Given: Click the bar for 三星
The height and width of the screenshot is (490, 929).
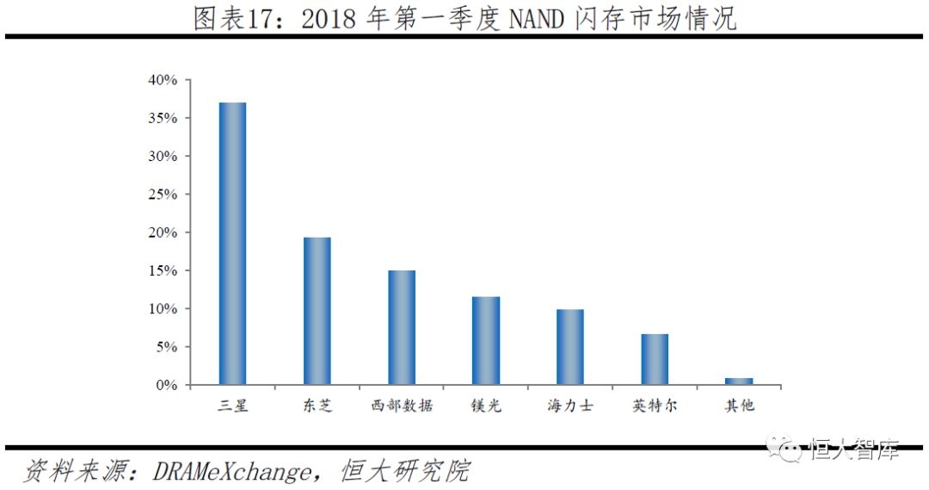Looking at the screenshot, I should coord(232,244).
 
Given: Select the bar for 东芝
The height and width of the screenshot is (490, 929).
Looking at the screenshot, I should coord(317,311).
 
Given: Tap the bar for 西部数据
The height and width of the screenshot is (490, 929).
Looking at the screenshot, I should coord(401,327).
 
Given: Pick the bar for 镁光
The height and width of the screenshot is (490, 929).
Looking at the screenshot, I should coord(485,341).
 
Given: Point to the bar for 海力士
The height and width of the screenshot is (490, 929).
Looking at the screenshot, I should coord(569,347).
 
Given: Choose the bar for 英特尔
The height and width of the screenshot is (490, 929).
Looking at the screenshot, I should coord(654,359).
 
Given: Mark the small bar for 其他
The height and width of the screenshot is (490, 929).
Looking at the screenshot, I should coord(738,381).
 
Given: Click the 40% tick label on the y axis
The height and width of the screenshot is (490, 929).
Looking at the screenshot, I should coord(162,80).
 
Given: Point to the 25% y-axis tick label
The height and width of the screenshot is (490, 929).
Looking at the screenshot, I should coord(162,195).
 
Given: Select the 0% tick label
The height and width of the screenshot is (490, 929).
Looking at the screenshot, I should coord(166,385).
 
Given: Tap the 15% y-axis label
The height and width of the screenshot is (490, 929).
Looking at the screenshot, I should coord(162,270).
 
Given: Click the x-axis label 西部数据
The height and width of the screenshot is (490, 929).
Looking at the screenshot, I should coord(401,405).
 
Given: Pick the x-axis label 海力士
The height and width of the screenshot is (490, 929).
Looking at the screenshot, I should coord(569,405).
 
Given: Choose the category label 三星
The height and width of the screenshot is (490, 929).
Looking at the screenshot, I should coord(232,405).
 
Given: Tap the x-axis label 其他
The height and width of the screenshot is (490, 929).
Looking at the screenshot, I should coord(738,405).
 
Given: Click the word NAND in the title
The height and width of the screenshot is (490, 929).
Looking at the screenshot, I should coord(536,19).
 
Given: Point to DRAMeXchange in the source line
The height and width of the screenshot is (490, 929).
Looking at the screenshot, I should coord(231,471).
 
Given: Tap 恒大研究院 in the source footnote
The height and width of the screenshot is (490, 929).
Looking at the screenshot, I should coord(405,471).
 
